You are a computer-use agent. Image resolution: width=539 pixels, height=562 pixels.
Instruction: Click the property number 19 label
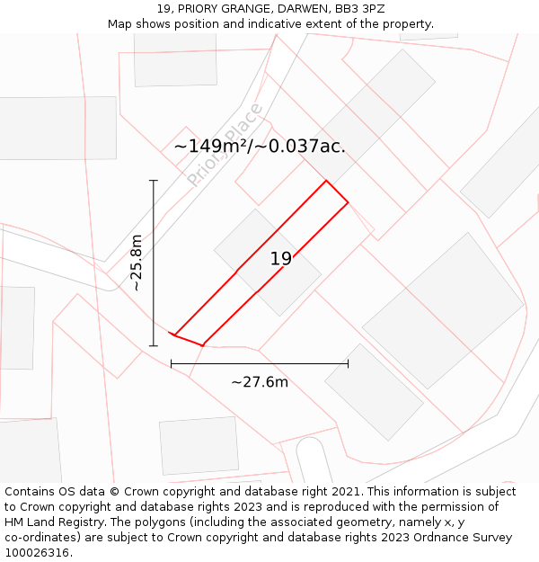tap(281, 259)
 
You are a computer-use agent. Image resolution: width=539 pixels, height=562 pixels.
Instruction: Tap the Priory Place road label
tap(225, 145)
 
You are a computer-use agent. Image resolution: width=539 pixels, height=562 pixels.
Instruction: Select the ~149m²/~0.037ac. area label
tap(260, 146)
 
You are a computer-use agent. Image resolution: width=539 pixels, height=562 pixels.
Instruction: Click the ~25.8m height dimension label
tap(137, 262)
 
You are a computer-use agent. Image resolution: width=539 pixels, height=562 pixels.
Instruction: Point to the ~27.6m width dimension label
tap(260, 382)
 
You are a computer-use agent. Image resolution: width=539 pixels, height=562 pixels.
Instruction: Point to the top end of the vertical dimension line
tap(154, 181)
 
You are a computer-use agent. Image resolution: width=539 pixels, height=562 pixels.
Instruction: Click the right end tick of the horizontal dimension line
tap(348, 364)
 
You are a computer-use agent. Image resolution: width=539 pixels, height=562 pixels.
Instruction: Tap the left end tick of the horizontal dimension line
tap(172, 364)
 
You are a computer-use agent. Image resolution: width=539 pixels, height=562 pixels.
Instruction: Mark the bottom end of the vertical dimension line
tap(154, 345)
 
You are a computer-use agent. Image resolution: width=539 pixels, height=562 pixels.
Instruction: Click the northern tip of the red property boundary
tap(326, 181)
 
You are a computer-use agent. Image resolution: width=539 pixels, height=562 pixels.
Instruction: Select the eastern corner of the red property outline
tap(348, 203)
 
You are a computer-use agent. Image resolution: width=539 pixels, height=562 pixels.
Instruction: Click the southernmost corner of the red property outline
tap(204, 345)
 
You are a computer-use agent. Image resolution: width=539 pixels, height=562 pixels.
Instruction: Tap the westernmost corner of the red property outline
tap(172, 335)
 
